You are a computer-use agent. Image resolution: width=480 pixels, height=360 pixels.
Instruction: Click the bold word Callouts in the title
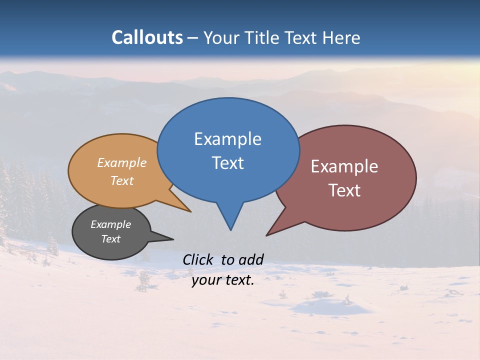pos(147,37)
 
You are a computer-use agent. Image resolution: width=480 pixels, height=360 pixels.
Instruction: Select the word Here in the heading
pos(342,37)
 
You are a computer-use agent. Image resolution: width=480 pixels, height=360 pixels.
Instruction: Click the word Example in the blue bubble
pos(227,139)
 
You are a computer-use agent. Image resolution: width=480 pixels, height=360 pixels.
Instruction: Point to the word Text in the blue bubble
pos(228,163)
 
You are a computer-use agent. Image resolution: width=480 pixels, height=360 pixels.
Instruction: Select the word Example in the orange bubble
pos(122,163)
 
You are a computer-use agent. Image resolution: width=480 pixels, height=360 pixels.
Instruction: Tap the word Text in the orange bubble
pos(122,180)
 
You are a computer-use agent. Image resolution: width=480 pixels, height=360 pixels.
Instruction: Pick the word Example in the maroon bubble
pos(344,166)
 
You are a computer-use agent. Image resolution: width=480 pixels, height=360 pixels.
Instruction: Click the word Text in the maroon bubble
pos(344,190)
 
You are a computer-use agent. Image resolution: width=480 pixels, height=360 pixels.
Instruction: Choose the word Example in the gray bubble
pos(110,224)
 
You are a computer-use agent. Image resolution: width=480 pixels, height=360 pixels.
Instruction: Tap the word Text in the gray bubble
pos(110,239)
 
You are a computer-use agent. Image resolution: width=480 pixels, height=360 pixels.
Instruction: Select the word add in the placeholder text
pos(250,259)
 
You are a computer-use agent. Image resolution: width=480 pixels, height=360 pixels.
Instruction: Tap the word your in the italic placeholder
pos(205,280)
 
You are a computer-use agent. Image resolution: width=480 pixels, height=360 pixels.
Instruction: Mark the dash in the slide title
pos(193,37)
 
